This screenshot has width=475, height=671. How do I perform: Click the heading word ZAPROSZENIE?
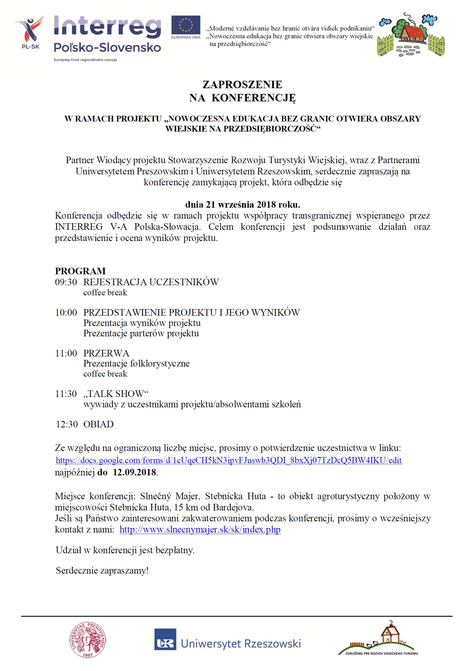coord(242,85)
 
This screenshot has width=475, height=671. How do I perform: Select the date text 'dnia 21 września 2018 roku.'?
coord(242,204)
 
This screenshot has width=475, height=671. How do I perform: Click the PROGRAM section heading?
coord(80,271)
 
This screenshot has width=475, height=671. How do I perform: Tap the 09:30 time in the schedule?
coord(66,282)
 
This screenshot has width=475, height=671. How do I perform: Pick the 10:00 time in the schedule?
coord(66,313)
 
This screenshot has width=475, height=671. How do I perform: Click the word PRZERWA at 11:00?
coord(106,353)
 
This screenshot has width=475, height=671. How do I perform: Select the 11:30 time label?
coord(66,394)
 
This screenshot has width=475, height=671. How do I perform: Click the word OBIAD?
coord(98,424)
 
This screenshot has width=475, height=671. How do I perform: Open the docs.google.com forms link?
coord(228,460)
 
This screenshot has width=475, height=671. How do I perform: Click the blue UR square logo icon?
coord(165,643)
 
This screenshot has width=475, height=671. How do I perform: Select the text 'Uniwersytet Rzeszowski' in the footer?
coord(241,643)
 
